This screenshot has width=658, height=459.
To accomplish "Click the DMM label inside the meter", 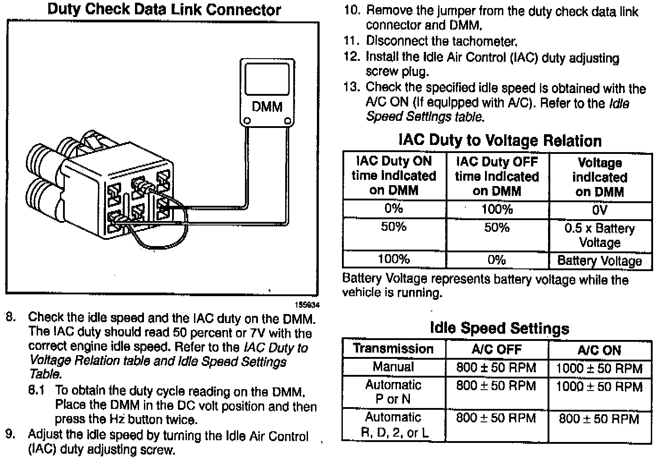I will point(267,107).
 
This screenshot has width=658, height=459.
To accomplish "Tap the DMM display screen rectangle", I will point(267,79).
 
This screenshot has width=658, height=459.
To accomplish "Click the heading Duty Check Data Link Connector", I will point(164,9).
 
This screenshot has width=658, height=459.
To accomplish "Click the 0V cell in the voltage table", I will point(599,210).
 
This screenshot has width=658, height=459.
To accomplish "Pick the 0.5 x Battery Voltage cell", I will point(599,235).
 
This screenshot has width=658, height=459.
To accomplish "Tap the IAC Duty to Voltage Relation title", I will point(500,140).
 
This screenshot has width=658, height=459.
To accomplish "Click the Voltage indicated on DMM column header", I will point(599,177).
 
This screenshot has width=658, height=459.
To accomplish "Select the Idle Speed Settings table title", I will point(499,328).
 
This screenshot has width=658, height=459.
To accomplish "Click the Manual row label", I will point(393,367).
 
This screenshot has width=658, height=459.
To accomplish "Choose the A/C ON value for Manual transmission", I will point(599,369).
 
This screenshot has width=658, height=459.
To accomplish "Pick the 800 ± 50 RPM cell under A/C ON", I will point(599,419).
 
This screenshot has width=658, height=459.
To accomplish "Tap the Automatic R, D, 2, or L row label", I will point(393,425).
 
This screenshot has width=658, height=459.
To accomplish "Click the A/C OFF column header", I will point(497,349).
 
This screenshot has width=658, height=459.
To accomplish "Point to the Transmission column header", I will point(393,349).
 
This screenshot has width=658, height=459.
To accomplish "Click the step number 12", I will point(351,57).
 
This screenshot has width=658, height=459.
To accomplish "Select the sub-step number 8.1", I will point(37,391).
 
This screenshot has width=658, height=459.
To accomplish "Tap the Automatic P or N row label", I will point(393,392).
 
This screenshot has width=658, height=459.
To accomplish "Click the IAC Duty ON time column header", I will point(394,176).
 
